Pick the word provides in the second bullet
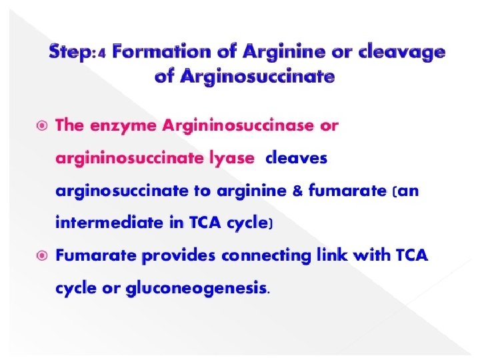tap(181, 255)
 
